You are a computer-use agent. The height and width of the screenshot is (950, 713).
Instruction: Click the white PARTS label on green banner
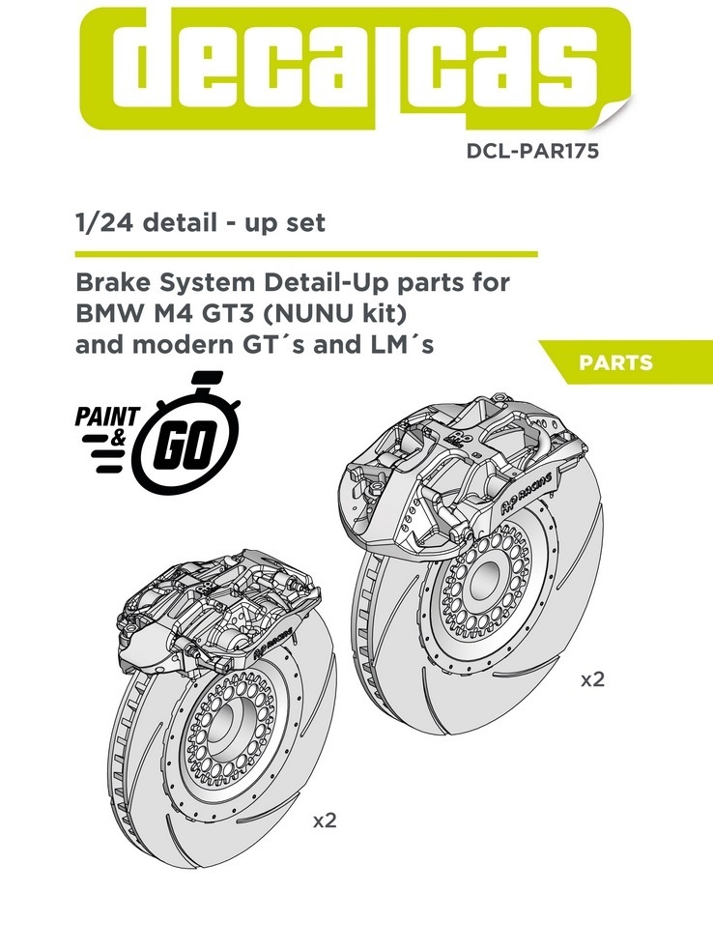[x=615, y=363]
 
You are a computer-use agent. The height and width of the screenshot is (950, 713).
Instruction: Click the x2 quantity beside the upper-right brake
[x=592, y=679]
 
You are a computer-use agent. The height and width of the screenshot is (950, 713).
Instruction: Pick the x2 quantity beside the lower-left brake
[x=324, y=821]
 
